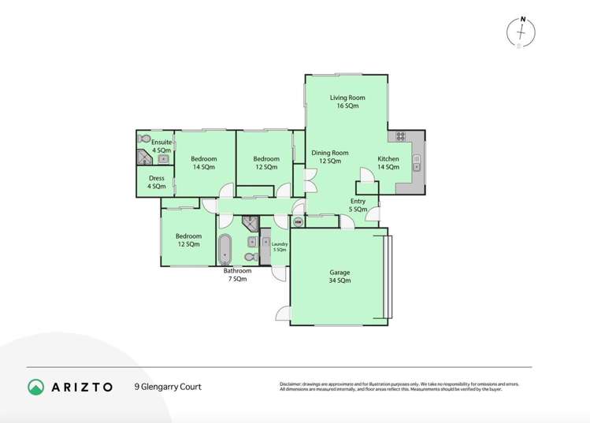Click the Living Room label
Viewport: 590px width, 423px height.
347,102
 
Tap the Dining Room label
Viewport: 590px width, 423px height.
329,157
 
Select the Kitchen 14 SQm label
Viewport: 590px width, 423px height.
388,163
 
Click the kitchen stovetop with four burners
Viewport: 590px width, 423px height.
400,136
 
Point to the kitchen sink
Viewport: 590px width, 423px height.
418,163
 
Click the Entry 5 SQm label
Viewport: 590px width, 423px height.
358,206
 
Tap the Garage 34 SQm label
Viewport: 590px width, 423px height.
340,276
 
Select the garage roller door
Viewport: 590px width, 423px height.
386,276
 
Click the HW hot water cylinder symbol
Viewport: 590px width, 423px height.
297,222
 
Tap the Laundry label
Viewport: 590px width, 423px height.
280,247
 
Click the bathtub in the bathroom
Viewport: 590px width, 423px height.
225,249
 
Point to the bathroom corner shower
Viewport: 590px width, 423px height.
249,222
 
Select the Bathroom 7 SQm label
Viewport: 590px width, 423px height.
239,275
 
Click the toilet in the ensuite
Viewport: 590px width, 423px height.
143,138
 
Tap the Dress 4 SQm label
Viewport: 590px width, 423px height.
157,182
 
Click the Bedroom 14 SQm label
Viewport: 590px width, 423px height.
204,163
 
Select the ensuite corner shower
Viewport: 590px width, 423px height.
143,158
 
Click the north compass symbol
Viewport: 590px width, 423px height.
521,31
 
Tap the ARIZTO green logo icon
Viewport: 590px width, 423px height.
36,387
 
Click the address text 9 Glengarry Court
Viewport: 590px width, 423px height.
168,387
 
